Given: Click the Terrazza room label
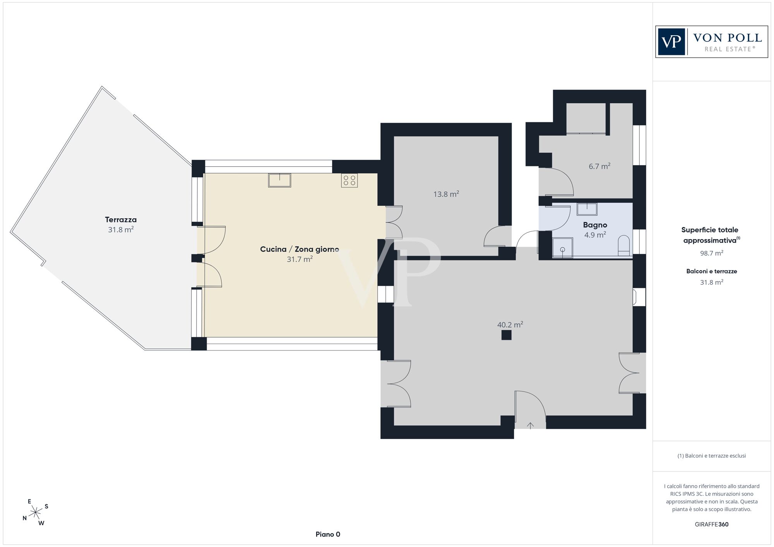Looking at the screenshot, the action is click(x=121, y=220).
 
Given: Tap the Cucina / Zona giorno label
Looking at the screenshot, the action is click(x=300, y=250).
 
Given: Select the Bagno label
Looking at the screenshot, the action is click(x=595, y=225).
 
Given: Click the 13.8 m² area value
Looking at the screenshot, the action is click(x=446, y=194).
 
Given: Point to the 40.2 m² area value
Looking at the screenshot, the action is click(x=510, y=325).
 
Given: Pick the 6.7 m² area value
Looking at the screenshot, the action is click(x=599, y=166).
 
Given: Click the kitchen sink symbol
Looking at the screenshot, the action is click(x=279, y=180).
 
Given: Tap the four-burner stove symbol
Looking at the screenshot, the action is click(x=349, y=180).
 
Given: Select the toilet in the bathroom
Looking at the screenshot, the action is click(x=624, y=245).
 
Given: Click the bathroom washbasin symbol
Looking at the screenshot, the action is click(x=587, y=209).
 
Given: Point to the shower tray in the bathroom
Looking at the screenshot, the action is click(x=562, y=248).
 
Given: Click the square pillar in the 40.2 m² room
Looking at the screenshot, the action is click(x=506, y=335).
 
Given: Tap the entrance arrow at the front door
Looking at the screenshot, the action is click(x=530, y=426).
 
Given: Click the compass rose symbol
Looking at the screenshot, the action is click(x=36, y=513).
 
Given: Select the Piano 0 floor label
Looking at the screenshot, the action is click(x=328, y=535).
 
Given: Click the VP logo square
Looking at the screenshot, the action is click(x=671, y=42).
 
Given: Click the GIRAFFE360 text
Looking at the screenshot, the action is click(x=712, y=525).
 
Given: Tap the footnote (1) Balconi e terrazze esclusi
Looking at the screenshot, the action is click(x=712, y=456).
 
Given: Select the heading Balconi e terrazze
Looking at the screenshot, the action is click(x=712, y=271).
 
